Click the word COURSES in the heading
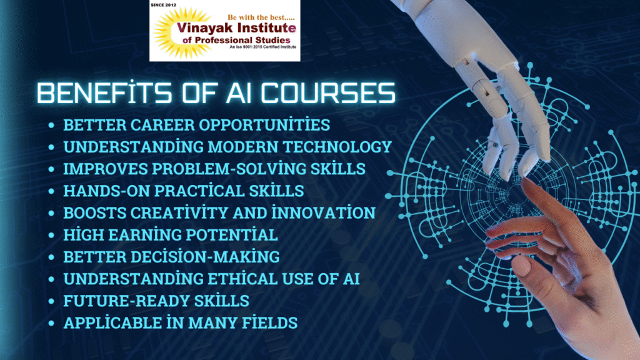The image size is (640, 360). pyautogui.click(x=328, y=93)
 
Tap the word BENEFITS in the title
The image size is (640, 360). pyautogui.click(x=104, y=92)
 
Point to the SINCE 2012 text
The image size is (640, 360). pyautogui.click(x=163, y=5)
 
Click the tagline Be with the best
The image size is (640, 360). pyautogui.click(x=261, y=17)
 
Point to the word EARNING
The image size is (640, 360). pyautogui.click(x=142, y=235)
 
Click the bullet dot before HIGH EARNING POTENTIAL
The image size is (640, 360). pyautogui.click(x=51, y=236)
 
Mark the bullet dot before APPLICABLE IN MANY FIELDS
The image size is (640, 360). pyautogui.click(x=51, y=324)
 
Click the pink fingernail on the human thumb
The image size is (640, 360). pyautogui.click(x=521, y=265)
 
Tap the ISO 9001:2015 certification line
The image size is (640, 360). pyautogui.click(x=263, y=47)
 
